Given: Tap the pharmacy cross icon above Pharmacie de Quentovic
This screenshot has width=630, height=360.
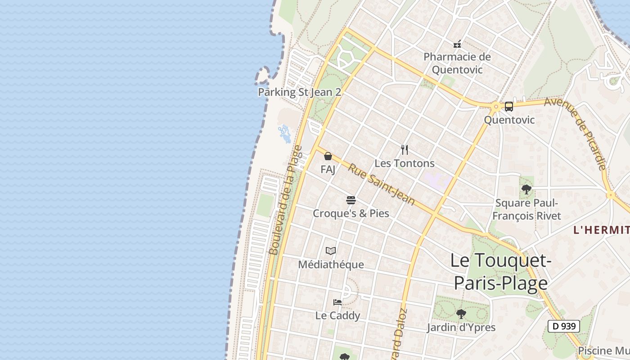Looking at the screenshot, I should [x=457, y=44].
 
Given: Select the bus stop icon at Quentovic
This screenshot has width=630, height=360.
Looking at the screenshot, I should [x=509, y=107].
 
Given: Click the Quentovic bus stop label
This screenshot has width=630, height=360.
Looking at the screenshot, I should [x=509, y=120].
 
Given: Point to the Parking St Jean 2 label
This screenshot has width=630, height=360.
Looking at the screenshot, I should [x=299, y=92].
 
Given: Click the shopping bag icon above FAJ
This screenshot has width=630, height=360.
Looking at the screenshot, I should [x=328, y=156].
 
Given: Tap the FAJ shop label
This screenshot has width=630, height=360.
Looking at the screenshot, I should [x=328, y=169].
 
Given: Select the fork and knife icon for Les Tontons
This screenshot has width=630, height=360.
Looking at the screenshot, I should [x=405, y=150].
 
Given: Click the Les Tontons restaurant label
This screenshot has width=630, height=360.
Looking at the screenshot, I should [x=405, y=163].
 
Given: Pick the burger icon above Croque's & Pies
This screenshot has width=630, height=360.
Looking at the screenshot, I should [x=351, y=200].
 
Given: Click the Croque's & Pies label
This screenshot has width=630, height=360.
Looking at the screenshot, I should [x=351, y=213].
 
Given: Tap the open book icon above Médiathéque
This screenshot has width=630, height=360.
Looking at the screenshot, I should [x=331, y=251].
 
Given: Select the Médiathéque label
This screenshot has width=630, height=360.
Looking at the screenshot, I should [x=331, y=264].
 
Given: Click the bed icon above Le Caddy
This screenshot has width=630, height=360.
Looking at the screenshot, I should [x=337, y=302].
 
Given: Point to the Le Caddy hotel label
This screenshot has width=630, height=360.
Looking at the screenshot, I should [x=337, y=315].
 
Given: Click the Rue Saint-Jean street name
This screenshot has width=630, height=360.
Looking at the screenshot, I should [x=381, y=184].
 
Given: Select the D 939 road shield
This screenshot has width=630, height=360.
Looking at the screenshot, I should [x=563, y=326].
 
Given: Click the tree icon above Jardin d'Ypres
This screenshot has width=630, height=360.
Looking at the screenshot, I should [x=461, y=314].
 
